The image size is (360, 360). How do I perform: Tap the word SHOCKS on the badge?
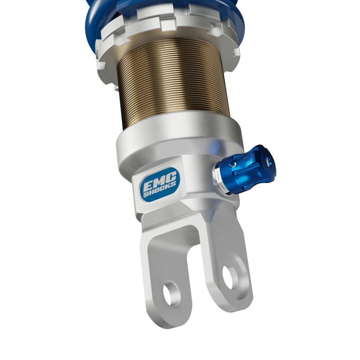coord(160,188)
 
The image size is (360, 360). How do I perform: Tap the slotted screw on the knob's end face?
coord(268,161)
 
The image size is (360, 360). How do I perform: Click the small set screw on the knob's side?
coord(234,163)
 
